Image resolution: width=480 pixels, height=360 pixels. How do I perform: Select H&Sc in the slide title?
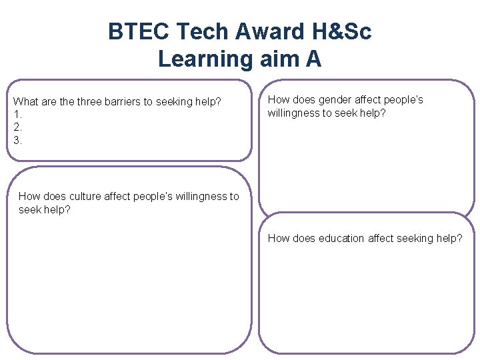point(347,31)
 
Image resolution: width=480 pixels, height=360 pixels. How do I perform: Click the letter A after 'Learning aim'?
point(313,59)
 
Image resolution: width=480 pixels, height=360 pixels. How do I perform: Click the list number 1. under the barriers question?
point(17,115)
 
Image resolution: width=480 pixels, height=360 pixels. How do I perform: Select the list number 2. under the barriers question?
point(17,127)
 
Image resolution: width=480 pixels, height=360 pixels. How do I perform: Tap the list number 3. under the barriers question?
point(17,140)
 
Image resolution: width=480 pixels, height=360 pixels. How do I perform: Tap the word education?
point(341,238)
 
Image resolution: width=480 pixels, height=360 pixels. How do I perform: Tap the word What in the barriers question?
point(26,102)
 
